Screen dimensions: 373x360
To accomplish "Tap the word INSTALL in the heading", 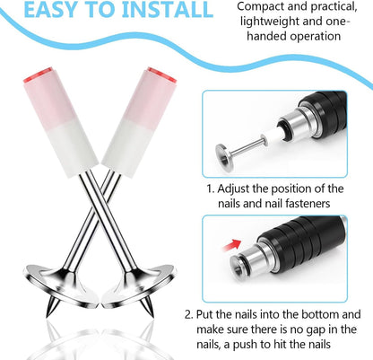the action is point(168,9).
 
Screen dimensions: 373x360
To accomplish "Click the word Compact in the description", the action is point(259,7).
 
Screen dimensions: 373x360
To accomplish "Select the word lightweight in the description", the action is point(269,22).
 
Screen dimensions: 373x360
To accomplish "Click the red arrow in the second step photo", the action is point(232,245).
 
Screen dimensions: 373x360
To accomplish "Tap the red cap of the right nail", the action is point(161,75).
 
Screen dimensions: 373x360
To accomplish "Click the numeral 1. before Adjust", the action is point(211,189).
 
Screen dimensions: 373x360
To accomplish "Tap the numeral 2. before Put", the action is point(189,315).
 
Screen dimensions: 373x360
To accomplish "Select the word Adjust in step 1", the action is point(233,189).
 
